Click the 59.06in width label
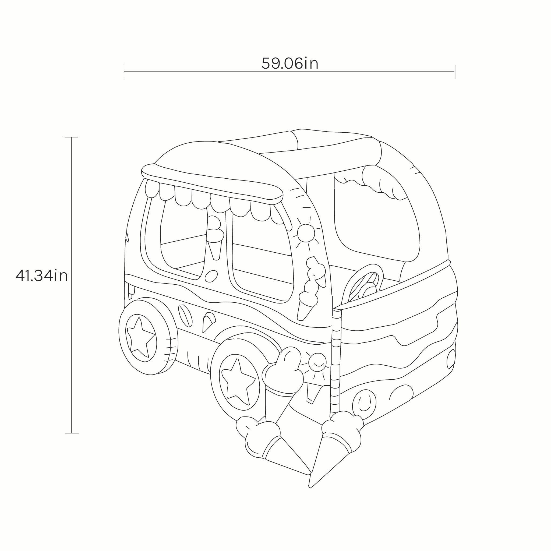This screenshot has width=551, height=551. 290,63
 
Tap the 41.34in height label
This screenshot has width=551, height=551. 42,276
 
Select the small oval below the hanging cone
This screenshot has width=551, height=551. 211,276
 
